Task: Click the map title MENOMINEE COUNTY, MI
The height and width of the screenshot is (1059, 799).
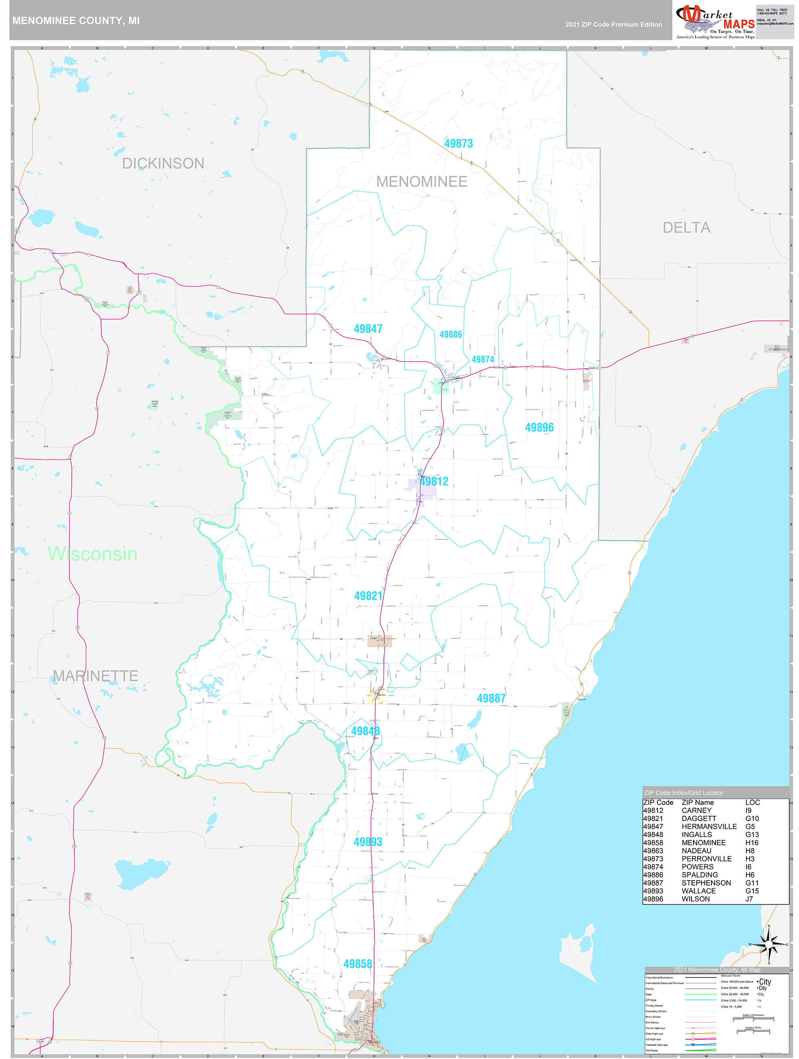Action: click(x=76, y=21)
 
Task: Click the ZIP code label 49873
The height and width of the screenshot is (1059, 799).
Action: click(x=458, y=144)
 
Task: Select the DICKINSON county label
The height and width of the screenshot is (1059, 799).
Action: click(x=163, y=163)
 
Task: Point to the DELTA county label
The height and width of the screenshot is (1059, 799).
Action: click(x=686, y=228)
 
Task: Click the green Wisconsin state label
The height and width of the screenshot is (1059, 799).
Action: click(x=92, y=554)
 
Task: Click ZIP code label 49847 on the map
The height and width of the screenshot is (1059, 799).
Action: click(x=368, y=329)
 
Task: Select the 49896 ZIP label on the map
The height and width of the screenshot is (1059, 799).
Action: click(x=539, y=428)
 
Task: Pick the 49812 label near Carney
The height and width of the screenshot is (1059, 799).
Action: click(x=434, y=481)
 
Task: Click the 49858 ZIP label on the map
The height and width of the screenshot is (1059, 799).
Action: click(x=357, y=964)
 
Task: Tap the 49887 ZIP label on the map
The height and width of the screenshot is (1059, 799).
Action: click(x=491, y=699)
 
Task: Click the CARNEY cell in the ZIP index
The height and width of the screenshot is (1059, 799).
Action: click(x=696, y=811)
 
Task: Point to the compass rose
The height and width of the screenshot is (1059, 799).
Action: click(x=768, y=945)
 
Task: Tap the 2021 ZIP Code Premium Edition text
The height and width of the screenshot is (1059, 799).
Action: click(x=613, y=24)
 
